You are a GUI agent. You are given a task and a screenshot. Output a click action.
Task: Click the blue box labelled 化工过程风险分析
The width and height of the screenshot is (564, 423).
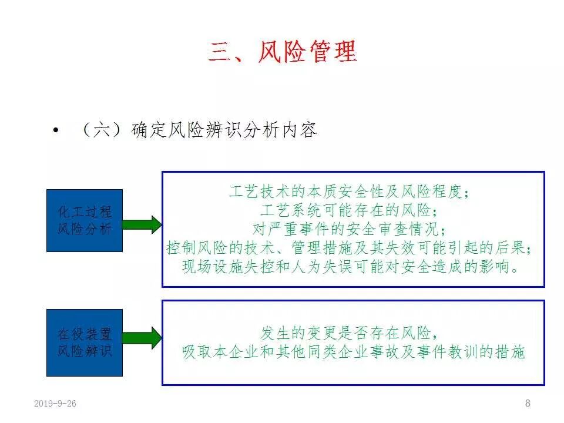(x=85, y=220)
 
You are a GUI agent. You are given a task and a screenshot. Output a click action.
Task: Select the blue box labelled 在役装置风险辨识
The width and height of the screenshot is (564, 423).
(x=85, y=343)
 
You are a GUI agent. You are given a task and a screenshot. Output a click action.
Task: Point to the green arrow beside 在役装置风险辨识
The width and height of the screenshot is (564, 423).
(x=142, y=338)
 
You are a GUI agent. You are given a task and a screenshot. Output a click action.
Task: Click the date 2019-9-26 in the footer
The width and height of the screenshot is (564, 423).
(x=55, y=404)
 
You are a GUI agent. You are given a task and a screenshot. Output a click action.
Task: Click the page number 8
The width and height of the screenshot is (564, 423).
(x=528, y=403)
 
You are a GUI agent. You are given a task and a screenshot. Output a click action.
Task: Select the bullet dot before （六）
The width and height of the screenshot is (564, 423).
(x=56, y=130)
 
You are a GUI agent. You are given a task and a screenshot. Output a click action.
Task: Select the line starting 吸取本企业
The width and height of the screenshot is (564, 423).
(x=352, y=352)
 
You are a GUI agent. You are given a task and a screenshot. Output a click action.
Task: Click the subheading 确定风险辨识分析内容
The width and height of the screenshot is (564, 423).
(x=224, y=130)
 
